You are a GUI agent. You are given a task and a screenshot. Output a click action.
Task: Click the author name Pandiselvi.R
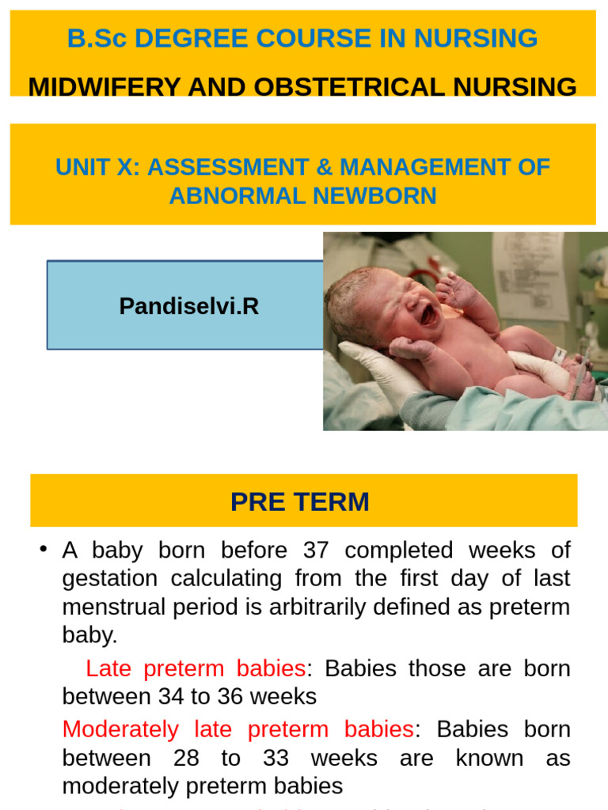189,306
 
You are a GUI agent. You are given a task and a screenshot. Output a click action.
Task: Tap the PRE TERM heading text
300,502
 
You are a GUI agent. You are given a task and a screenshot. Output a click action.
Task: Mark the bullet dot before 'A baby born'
43,550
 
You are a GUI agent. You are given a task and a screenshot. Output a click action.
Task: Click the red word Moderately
121,729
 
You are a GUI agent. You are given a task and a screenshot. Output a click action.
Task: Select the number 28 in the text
188,758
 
